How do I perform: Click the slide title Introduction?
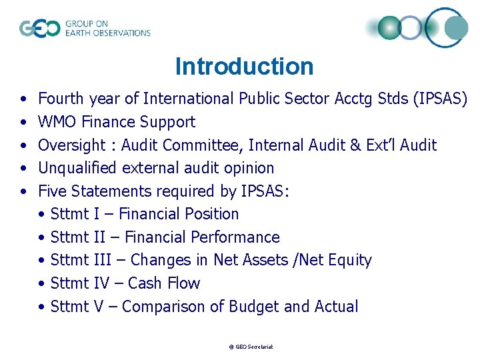click(244, 67)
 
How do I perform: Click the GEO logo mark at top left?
click(39, 29)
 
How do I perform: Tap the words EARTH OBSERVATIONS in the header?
click(107, 33)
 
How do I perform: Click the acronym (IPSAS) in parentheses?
click(440, 99)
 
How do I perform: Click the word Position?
click(212, 214)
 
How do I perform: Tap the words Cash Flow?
click(163, 283)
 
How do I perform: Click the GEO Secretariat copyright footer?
click(251, 347)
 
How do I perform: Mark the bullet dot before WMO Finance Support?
click(24, 123)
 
